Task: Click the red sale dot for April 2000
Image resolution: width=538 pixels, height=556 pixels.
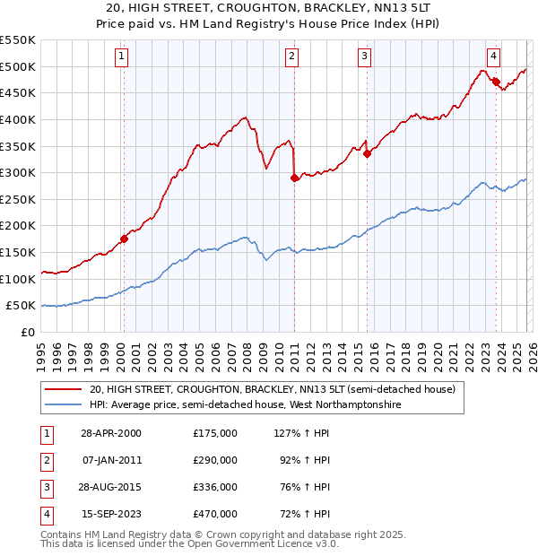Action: (x=125, y=239)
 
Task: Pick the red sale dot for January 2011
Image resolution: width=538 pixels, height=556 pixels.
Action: (x=294, y=178)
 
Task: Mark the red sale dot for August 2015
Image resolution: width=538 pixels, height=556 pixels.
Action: (x=368, y=153)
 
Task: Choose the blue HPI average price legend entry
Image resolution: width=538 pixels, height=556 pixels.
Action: (x=246, y=405)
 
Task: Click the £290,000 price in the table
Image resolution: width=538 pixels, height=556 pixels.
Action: (x=214, y=459)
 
